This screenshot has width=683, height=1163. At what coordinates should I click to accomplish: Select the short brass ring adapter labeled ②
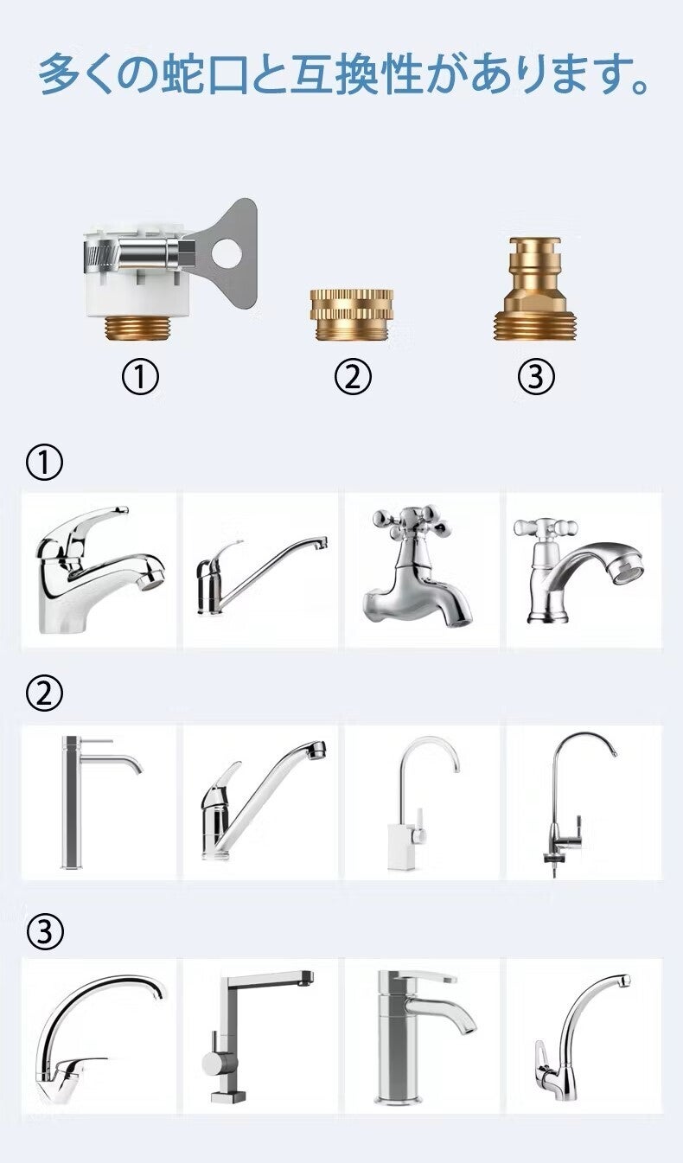352,315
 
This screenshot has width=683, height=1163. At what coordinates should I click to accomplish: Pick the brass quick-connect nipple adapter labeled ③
535,289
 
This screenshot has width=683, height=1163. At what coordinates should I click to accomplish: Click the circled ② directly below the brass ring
353,377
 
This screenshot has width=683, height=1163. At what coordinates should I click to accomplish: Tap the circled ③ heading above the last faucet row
45,930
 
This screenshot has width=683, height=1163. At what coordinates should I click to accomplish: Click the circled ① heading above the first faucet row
45,463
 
